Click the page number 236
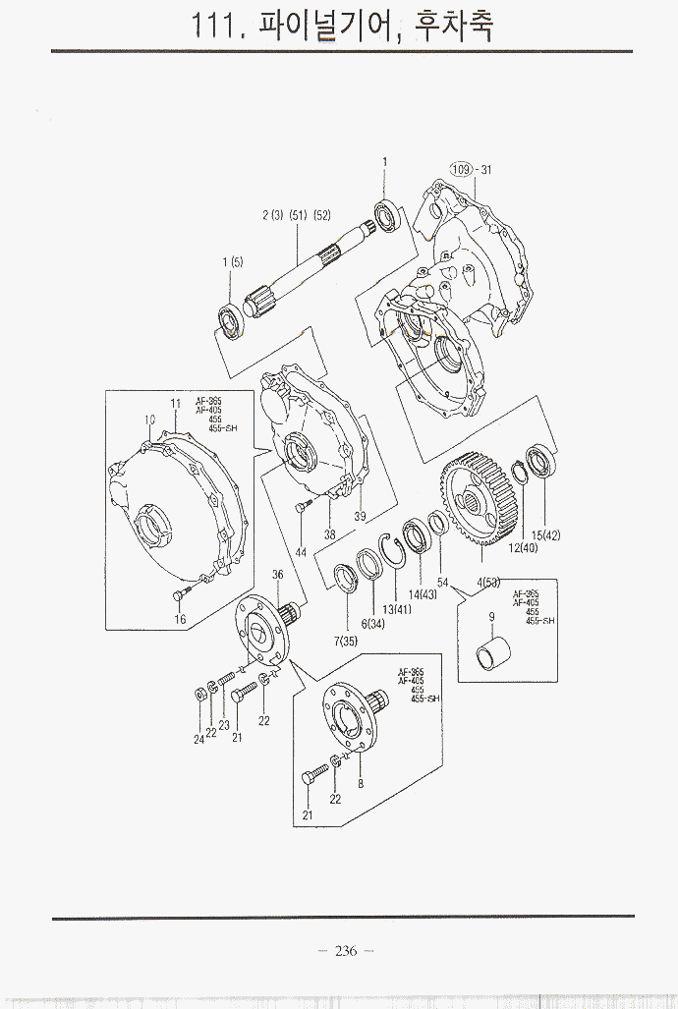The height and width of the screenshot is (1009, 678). click(x=345, y=951)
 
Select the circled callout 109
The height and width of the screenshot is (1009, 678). click(x=461, y=169)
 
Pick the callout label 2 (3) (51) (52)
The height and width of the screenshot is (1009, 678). click(x=296, y=215)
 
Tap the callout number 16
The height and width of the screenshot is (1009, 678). click(x=180, y=619)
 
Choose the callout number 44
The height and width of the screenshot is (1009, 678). click(x=301, y=552)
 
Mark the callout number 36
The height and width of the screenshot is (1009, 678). click(x=278, y=575)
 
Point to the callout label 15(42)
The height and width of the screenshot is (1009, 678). click(x=545, y=535)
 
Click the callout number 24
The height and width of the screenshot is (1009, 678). click(x=198, y=739)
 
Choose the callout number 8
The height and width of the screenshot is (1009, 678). click(x=361, y=783)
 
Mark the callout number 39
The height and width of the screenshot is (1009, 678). click(x=360, y=516)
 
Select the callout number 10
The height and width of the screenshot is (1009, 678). click(x=150, y=420)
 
